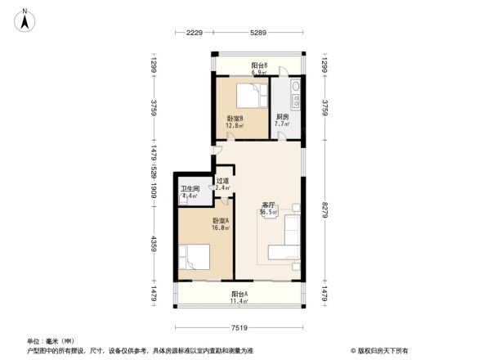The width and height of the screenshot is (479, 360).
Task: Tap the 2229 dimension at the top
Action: [x=194, y=34]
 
